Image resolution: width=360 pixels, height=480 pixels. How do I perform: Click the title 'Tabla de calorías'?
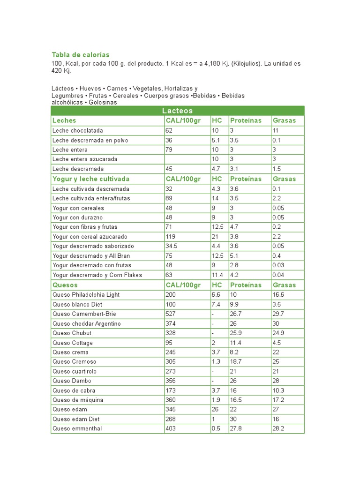pos(80,55)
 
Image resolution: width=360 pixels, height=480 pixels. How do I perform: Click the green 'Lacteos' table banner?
pos(177,111)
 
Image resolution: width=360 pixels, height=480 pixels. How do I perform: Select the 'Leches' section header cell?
pos(64,120)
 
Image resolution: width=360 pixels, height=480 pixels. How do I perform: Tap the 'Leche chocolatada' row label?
pos(78,130)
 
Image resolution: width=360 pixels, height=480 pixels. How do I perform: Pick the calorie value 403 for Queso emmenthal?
pos(171,428)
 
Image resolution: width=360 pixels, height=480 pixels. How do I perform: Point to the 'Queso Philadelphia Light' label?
pos(86,294)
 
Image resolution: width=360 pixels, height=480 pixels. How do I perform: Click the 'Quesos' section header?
pos(65,285)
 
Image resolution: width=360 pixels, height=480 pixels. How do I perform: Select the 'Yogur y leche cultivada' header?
pos(91,179)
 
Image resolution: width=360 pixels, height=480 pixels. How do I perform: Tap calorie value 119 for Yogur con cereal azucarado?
pos(170,237)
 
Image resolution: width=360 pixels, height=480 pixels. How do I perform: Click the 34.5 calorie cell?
pos(172,246)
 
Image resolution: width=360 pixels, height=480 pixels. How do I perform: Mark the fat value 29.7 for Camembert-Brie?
pos(278,314)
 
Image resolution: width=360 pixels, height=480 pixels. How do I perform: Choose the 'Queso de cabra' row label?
pos(74,390)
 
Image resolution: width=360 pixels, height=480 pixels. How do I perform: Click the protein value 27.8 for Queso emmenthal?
pos(236,428)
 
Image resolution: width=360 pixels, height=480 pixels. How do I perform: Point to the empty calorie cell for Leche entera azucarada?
pos(187,159)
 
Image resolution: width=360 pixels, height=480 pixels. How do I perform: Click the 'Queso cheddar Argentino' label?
pos(86,323)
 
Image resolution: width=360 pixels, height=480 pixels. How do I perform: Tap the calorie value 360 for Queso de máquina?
pos(171,400)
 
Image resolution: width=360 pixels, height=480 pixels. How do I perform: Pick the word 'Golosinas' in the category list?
pos(103,102)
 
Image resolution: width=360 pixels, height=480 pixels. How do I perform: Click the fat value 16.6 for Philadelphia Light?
pos(278,294)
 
